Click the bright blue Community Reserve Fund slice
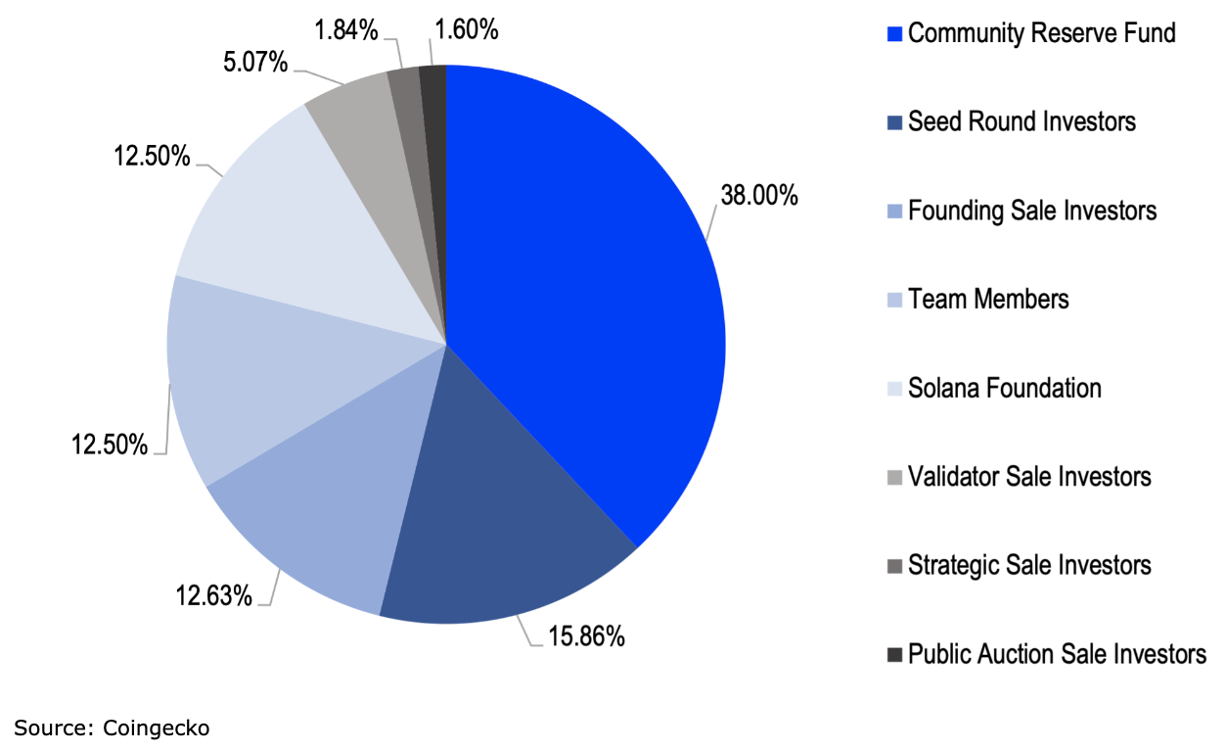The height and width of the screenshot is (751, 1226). tap(577, 294)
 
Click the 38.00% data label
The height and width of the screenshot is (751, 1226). tap(759, 196)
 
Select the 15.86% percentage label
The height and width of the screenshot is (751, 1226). tap(585, 636)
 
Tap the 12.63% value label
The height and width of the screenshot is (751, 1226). tap(214, 593)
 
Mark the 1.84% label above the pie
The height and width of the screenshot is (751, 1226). tap(346, 30)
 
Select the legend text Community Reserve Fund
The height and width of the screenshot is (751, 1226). tap(1041, 33)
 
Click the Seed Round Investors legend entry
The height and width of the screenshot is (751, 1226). tap(1022, 121)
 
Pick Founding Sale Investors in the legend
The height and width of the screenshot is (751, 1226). tap(1031, 211)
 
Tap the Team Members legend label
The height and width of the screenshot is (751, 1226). tap(988, 299)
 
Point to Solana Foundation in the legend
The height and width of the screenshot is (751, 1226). tap(1004, 388)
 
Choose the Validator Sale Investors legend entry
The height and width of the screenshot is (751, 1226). tap(1029, 477)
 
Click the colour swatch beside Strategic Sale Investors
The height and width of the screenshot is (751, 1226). tap(894, 566)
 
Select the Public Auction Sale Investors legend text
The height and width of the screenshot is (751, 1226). tap(1057, 654)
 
